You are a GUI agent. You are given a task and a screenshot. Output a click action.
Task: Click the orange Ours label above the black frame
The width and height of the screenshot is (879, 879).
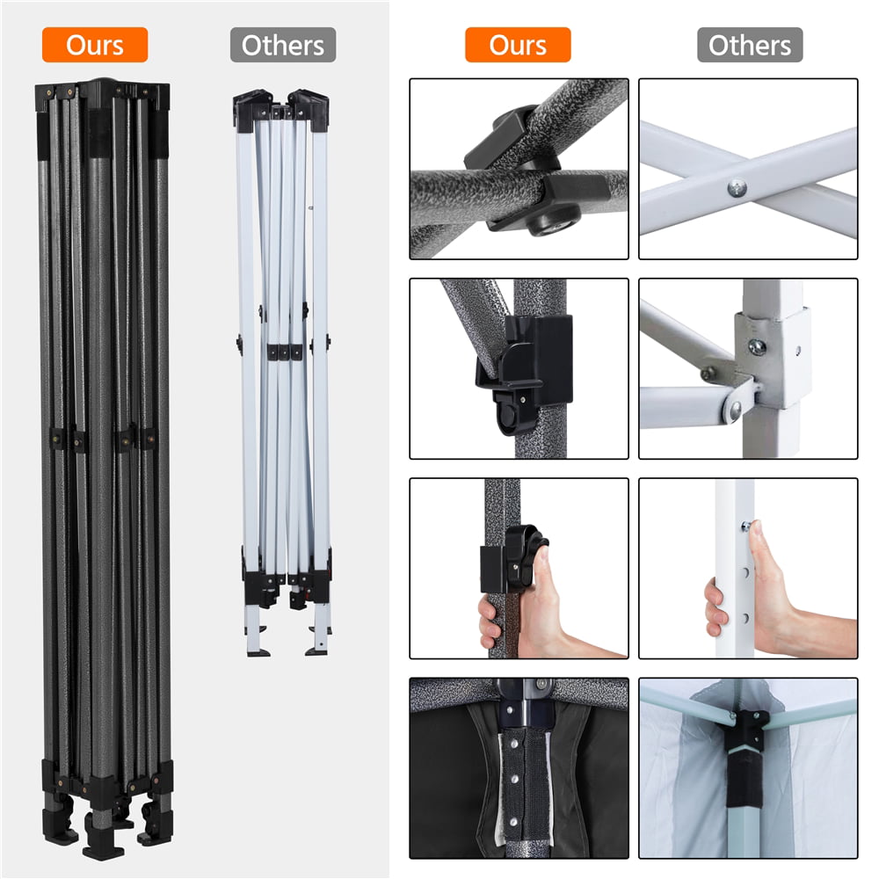pos(95,45)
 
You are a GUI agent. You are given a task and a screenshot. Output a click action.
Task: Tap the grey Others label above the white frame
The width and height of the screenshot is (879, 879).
pos(283,45)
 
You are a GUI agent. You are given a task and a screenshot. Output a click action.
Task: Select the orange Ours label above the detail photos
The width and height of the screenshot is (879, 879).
pos(518,45)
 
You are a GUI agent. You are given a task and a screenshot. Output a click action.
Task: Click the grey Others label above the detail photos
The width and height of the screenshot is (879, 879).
pos(750,45)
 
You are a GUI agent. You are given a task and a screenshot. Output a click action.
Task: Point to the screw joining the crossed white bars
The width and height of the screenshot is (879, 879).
pos(737,188)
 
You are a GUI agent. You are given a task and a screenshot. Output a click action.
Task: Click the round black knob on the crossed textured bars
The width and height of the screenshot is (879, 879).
pos(553,221)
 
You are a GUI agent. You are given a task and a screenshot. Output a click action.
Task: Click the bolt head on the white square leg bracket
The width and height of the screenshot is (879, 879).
pos(757,347)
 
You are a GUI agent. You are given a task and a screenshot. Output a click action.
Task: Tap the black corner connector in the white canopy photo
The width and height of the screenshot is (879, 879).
pos(745,729)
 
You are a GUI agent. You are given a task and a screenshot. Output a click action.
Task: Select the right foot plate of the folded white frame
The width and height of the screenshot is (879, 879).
pos(316,651)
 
